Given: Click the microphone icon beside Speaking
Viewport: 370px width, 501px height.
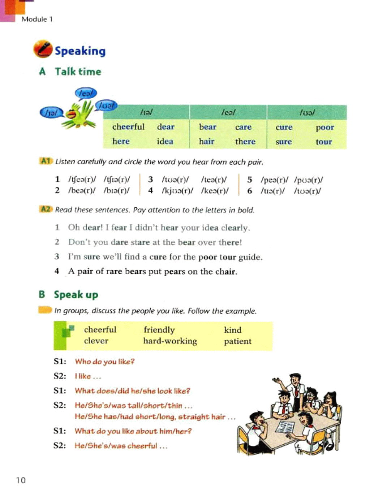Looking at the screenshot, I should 43,49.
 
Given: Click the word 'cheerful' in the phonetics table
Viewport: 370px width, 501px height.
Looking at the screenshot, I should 128,127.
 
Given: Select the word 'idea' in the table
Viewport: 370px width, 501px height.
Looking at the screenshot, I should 165,142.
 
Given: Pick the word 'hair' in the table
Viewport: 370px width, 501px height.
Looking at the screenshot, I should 206,142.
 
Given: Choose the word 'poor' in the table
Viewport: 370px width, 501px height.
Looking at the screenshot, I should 324,128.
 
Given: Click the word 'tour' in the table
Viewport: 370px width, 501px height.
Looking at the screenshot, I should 323,142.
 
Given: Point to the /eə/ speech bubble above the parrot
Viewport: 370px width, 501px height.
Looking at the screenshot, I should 86,93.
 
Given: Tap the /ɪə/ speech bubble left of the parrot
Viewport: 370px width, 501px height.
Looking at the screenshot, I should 51,113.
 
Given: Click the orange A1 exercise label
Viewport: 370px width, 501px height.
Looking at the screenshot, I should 46,161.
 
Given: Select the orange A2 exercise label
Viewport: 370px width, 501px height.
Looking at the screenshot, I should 46,209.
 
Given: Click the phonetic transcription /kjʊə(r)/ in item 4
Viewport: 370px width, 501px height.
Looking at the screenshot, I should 177,191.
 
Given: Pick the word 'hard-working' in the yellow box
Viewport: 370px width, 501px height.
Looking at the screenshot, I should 170,341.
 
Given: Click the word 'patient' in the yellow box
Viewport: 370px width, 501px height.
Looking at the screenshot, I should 237,341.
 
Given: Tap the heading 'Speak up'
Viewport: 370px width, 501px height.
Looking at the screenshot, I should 76,295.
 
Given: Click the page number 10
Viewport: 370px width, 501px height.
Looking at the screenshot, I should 21,480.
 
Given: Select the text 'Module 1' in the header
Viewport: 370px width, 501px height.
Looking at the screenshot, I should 37,19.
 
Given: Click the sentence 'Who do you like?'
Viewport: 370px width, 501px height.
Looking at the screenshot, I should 104,362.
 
